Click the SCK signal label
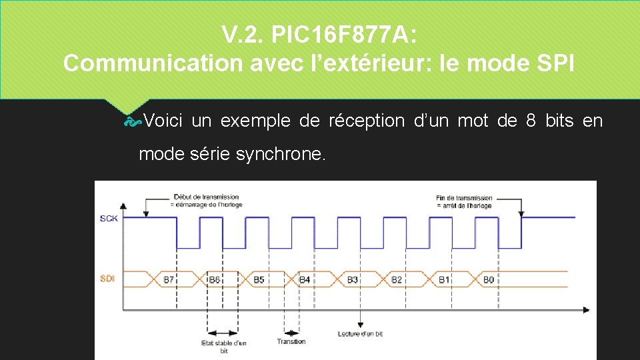pos(109,219)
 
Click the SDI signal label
pos(107,278)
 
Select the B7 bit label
pos(169,280)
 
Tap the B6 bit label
pos(214,280)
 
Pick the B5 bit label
pos(259,280)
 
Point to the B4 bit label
pos(304,280)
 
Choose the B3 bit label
pos(353,280)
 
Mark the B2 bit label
pos(397,280)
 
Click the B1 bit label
pos(444,280)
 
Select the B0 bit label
pos(489,280)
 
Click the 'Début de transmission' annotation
pos(206,201)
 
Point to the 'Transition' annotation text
pos(291,341)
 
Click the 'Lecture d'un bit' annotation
pos(360,333)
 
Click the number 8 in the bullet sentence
pos(531,121)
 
